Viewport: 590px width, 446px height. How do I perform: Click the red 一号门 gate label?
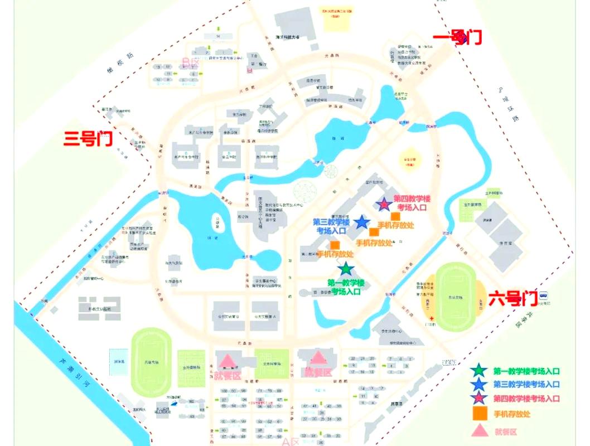pos(457,37)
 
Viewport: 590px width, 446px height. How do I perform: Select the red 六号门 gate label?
pos(512,299)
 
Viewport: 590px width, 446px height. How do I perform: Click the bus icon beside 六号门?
pos(543,296)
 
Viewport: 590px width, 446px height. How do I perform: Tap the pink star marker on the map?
pos(384,205)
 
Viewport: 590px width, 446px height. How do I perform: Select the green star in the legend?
pos(478,371)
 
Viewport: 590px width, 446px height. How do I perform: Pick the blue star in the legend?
pos(478,385)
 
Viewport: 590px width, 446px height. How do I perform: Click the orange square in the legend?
pos(478,414)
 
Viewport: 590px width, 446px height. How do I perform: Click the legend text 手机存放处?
pos(511,414)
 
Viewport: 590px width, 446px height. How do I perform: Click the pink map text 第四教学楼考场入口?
pos(415,202)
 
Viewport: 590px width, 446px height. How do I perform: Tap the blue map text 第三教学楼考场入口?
pos(331,226)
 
